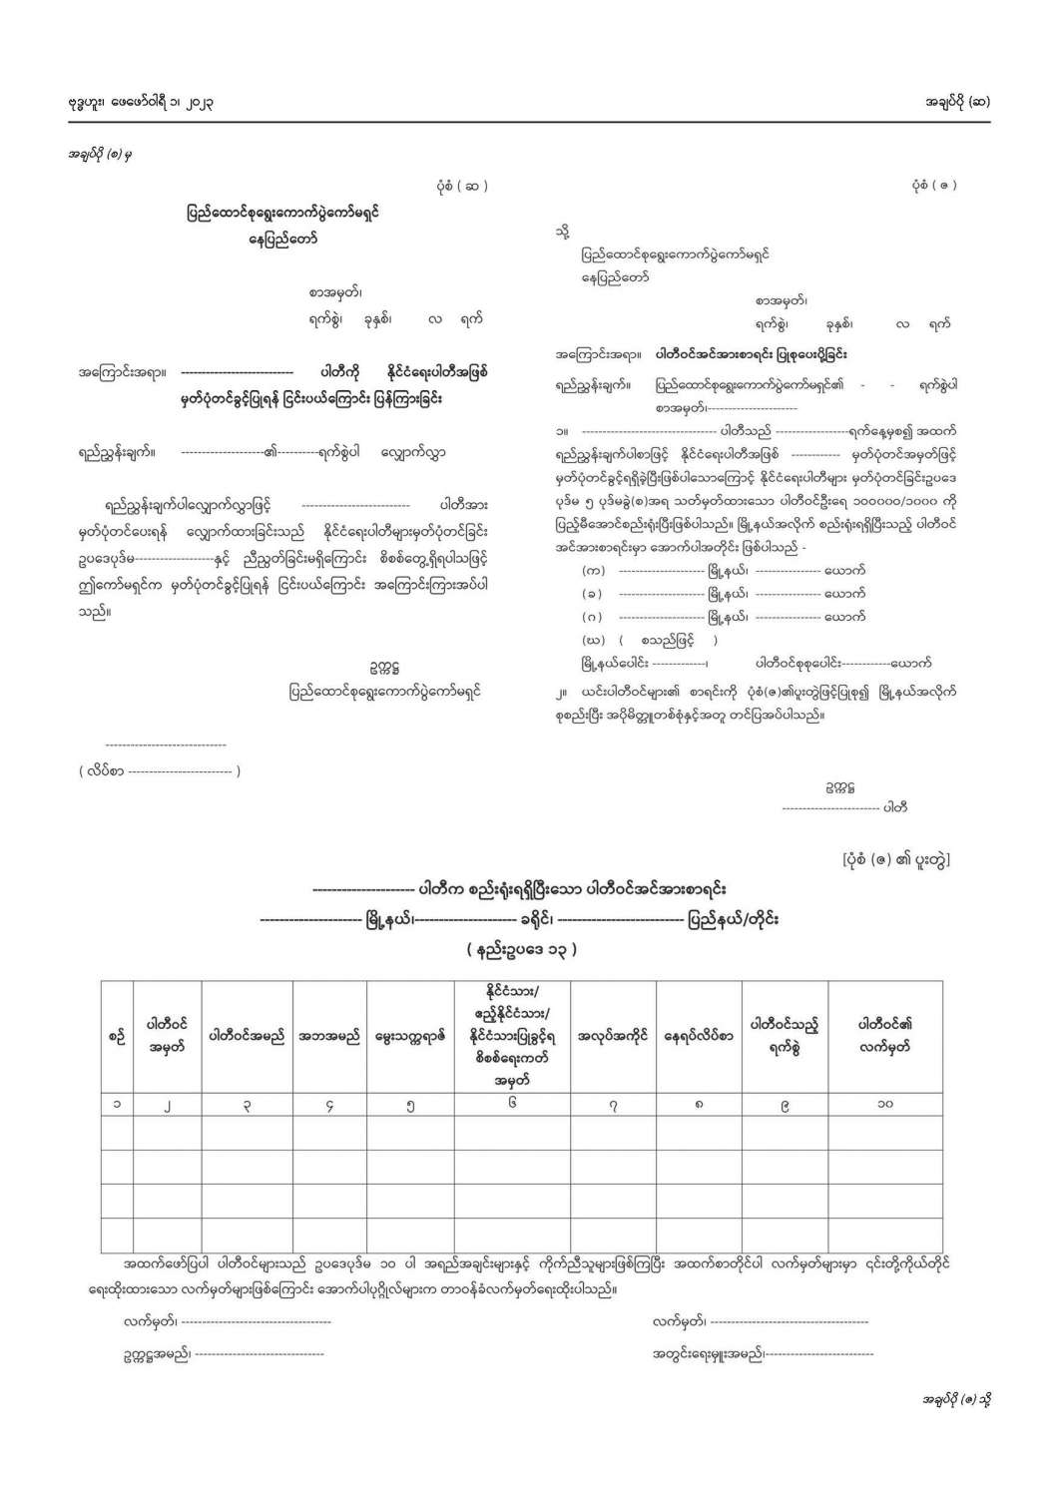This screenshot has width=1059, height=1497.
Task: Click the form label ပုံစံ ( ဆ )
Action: point(462,186)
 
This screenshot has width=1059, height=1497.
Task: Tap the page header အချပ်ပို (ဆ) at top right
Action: point(957,101)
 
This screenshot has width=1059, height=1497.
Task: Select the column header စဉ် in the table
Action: point(117,1037)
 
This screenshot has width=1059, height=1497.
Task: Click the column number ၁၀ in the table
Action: point(884,1104)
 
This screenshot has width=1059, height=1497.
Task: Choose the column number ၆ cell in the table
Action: point(511,1104)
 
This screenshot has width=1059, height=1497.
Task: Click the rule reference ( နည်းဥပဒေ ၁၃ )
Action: point(521,949)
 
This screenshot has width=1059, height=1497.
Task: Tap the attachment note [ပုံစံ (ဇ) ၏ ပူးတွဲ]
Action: point(895,858)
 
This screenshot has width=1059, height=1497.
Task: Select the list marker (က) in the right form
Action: point(593,570)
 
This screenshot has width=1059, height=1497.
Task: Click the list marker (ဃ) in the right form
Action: point(593,640)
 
